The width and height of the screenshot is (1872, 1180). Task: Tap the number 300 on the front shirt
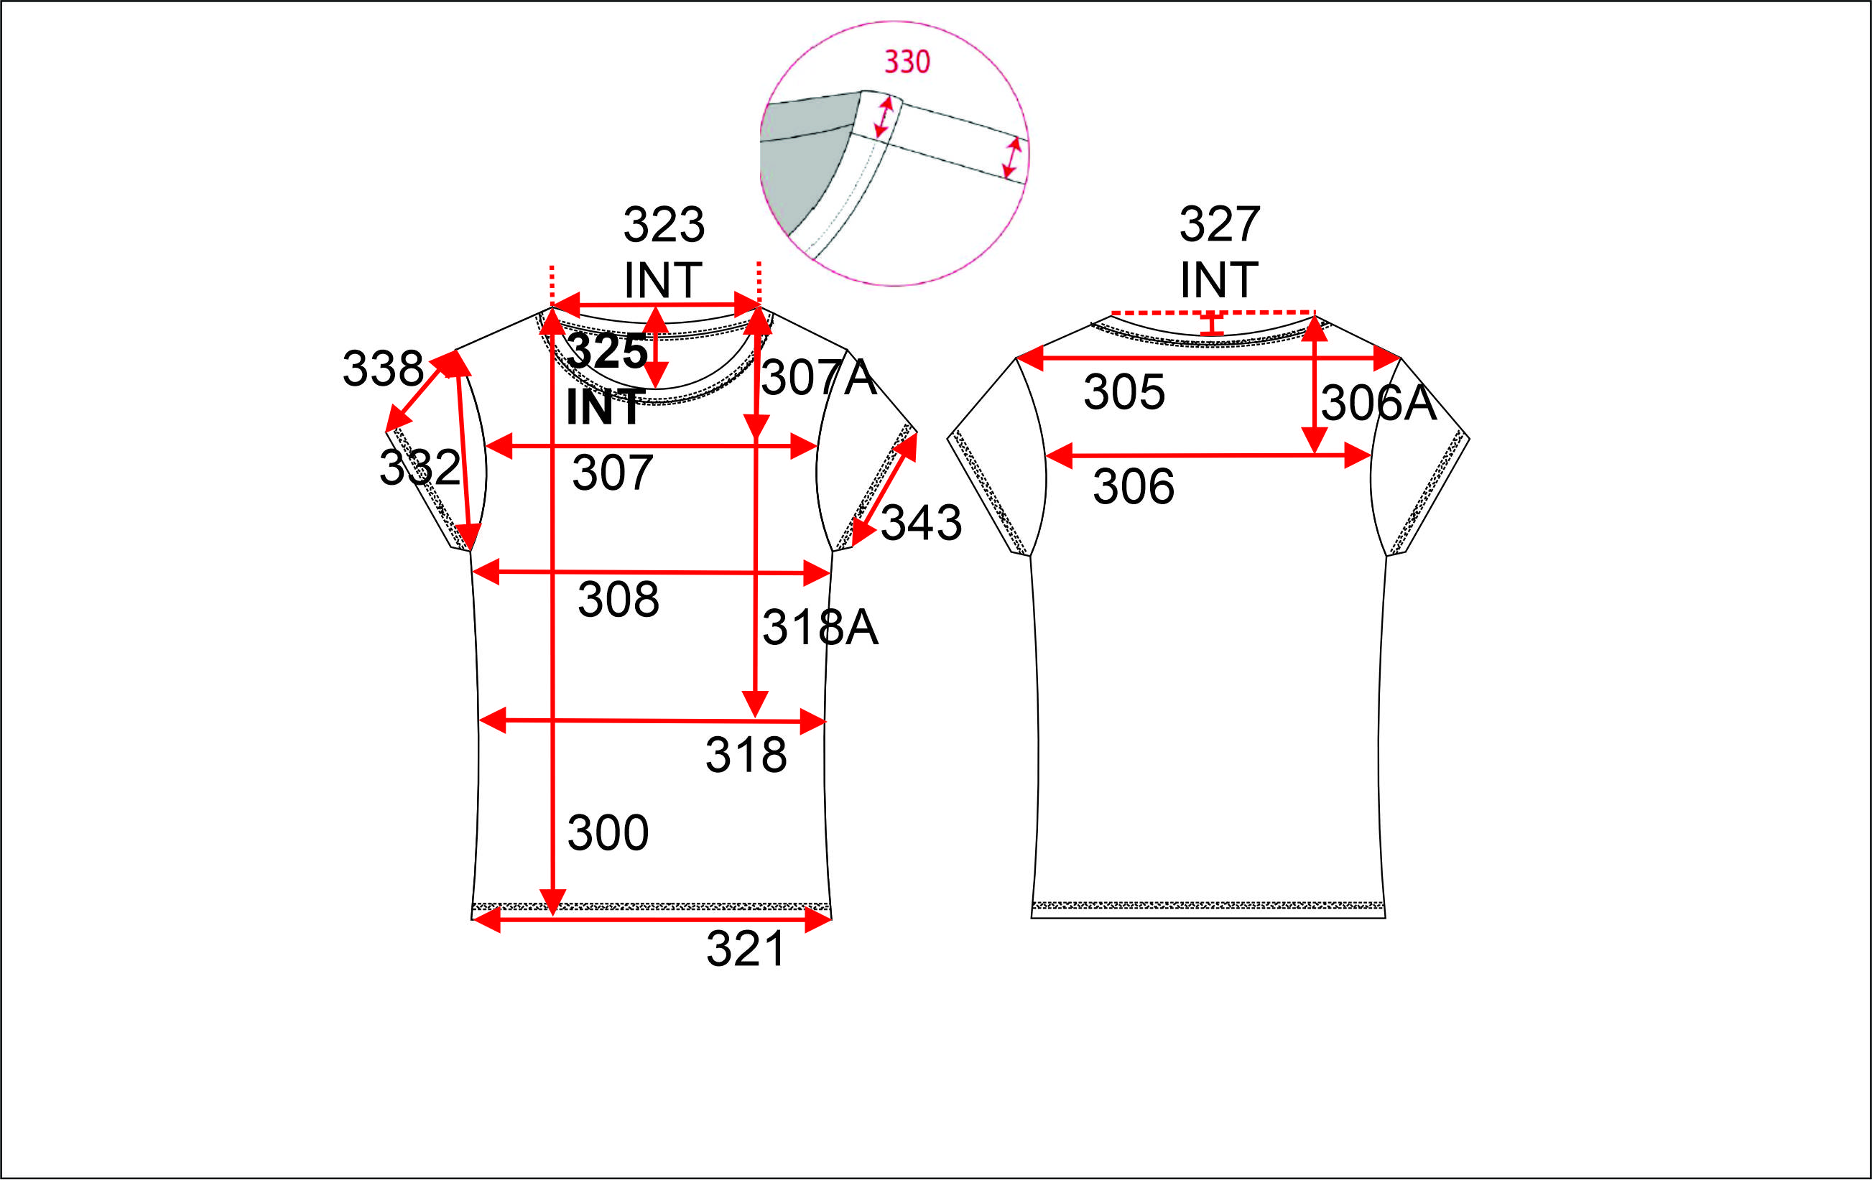point(608,832)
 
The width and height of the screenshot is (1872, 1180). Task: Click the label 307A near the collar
point(819,378)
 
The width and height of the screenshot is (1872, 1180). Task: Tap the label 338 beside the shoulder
point(384,368)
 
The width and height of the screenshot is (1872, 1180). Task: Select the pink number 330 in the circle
point(907,62)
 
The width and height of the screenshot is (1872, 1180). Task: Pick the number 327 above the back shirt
point(1220,224)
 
